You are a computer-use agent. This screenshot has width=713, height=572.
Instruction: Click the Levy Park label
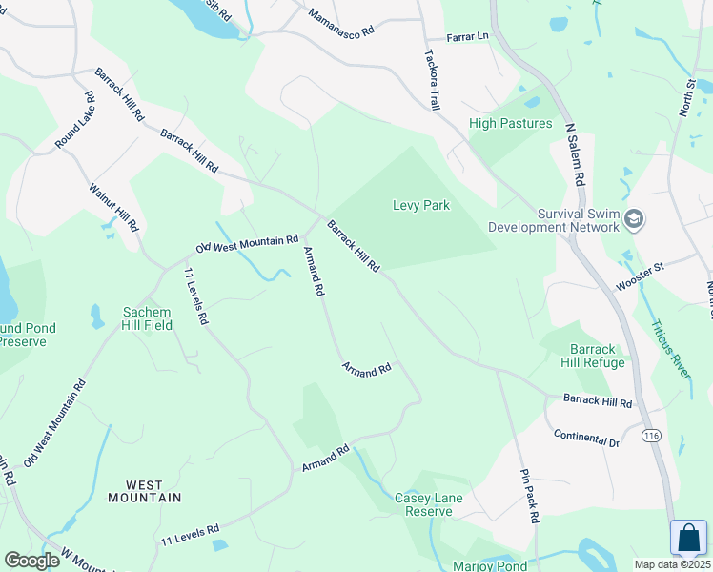click(x=420, y=205)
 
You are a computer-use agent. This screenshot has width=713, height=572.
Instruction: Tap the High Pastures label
click(x=510, y=124)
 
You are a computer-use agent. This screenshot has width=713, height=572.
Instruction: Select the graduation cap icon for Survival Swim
click(x=634, y=220)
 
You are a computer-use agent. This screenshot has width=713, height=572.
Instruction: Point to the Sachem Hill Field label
click(x=147, y=318)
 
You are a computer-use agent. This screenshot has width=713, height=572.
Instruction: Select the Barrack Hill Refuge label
click(x=598, y=356)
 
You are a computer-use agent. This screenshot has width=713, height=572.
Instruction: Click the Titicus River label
click(x=670, y=348)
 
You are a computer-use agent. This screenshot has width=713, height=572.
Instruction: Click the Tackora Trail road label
click(x=429, y=78)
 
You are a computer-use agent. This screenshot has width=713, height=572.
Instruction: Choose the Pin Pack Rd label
click(x=530, y=496)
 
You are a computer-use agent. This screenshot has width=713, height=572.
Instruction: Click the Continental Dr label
click(x=586, y=439)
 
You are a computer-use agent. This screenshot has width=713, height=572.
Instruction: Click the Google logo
click(x=31, y=561)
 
